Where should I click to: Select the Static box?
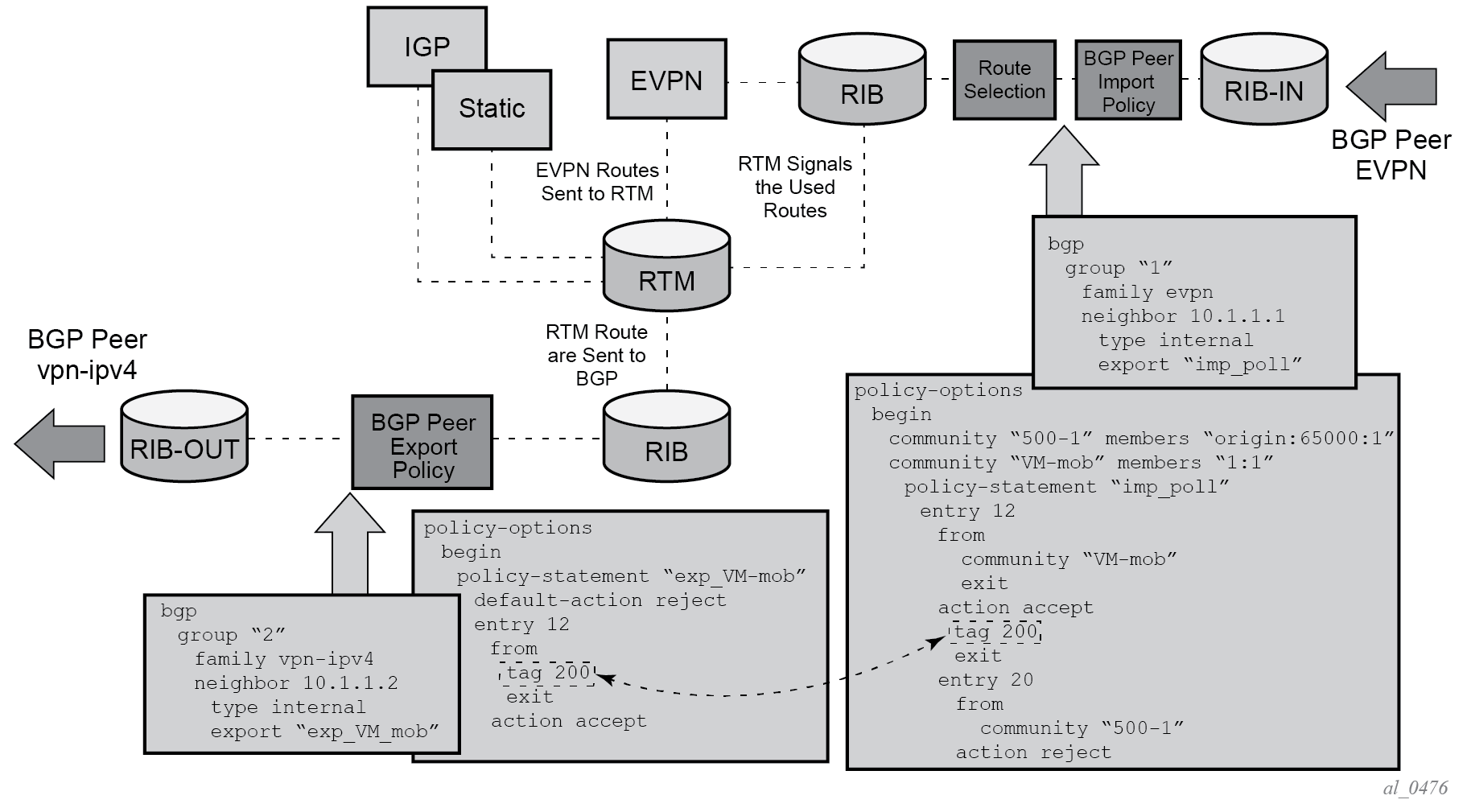[492, 109]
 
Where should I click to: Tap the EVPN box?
[666, 80]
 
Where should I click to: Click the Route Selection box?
[1004, 80]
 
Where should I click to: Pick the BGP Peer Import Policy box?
[1128, 80]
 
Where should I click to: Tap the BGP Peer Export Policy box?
[422, 443]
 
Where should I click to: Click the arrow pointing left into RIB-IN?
[1390, 86]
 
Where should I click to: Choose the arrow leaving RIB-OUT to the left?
[60, 443]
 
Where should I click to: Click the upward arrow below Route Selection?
[1064, 171]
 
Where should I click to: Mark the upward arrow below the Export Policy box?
[350, 546]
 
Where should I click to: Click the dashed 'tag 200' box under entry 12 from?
[547, 673]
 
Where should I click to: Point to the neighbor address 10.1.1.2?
[350, 683]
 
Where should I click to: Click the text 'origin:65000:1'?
[1298, 439]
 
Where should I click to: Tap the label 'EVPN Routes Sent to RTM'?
[597, 182]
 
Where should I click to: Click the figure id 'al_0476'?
[1415, 788]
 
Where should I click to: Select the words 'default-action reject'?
[600, 600]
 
